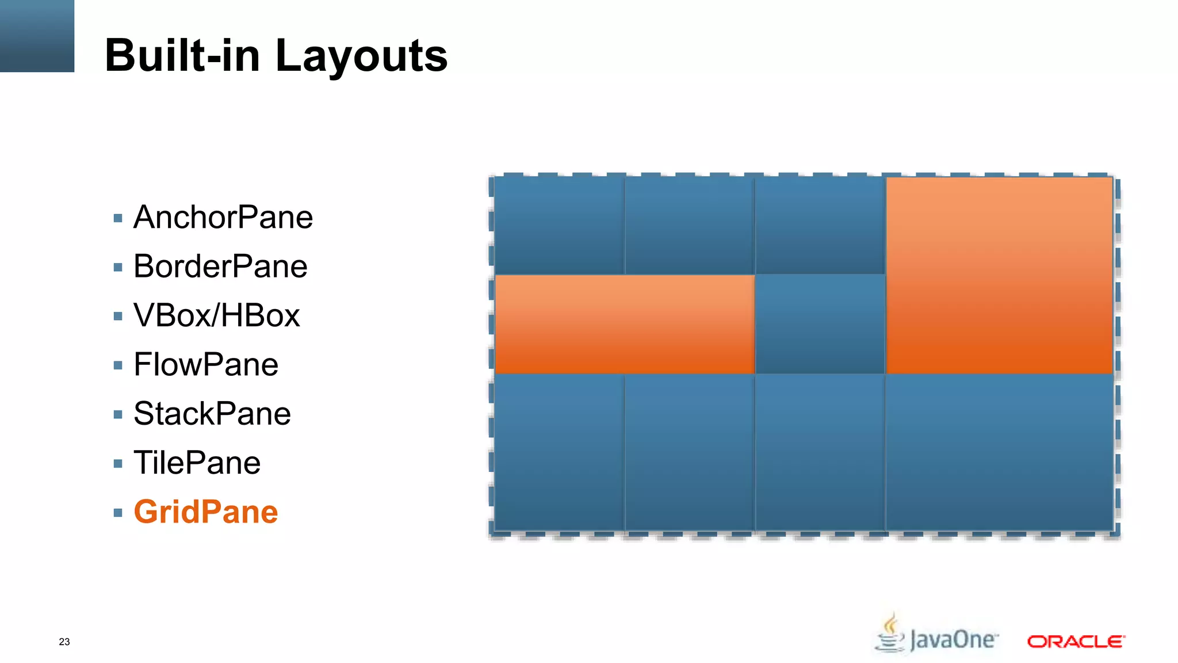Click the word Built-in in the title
[182, 55]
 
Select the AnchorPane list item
[223, 218]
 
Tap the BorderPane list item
[220, 266]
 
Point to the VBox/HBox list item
[216, 315]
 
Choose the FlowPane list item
[206, 365]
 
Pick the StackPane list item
[212, 414]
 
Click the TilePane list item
[197, 463]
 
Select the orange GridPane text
[206, 512]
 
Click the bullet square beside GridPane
[118, 513]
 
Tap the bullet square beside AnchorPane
[118, 218]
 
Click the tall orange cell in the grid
[999, 275]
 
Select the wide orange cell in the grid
[625, 324]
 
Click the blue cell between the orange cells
[820, 324]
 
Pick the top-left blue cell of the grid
[559, 226]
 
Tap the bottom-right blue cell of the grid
[999, 452]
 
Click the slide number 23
[64, 642]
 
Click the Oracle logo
[1076, 641]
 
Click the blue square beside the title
[37, 36]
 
